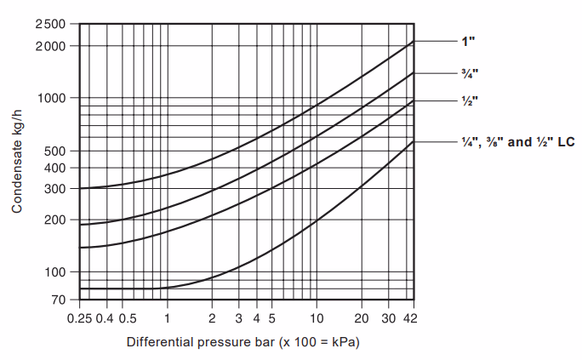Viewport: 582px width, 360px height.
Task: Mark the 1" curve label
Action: [x=465, y=41]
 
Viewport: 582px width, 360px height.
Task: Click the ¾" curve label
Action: [x=466, y=72]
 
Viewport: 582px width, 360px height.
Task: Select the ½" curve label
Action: [x=466, y=100]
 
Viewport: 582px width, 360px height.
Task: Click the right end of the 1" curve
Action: [x=414, y=41]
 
